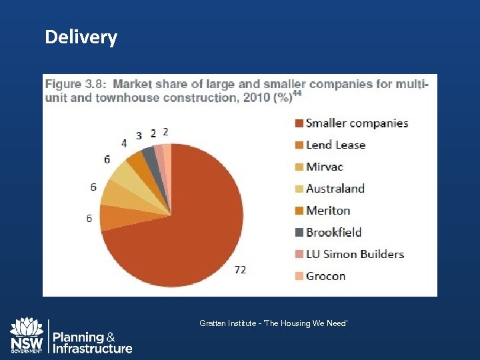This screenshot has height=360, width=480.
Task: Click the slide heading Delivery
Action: [x=81, y=37]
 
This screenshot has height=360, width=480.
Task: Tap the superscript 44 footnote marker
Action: [x=297, y=94]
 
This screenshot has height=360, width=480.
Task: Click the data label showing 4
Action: [x=123, y=143]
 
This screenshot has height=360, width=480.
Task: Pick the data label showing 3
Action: [x=139, y=135]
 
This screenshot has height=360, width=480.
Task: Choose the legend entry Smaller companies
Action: [x=357, y=123]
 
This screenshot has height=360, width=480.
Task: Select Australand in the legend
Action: [x=335, y=189]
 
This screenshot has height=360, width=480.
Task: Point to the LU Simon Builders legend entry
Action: [x=355, y=254]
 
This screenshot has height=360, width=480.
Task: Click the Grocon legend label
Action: [x=325, y=276]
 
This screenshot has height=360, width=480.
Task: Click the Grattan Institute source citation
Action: [x=273, y=323]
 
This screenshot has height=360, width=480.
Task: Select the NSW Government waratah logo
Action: [x=27, y=335]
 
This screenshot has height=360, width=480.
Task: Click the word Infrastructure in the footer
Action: [x=93, y=349]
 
